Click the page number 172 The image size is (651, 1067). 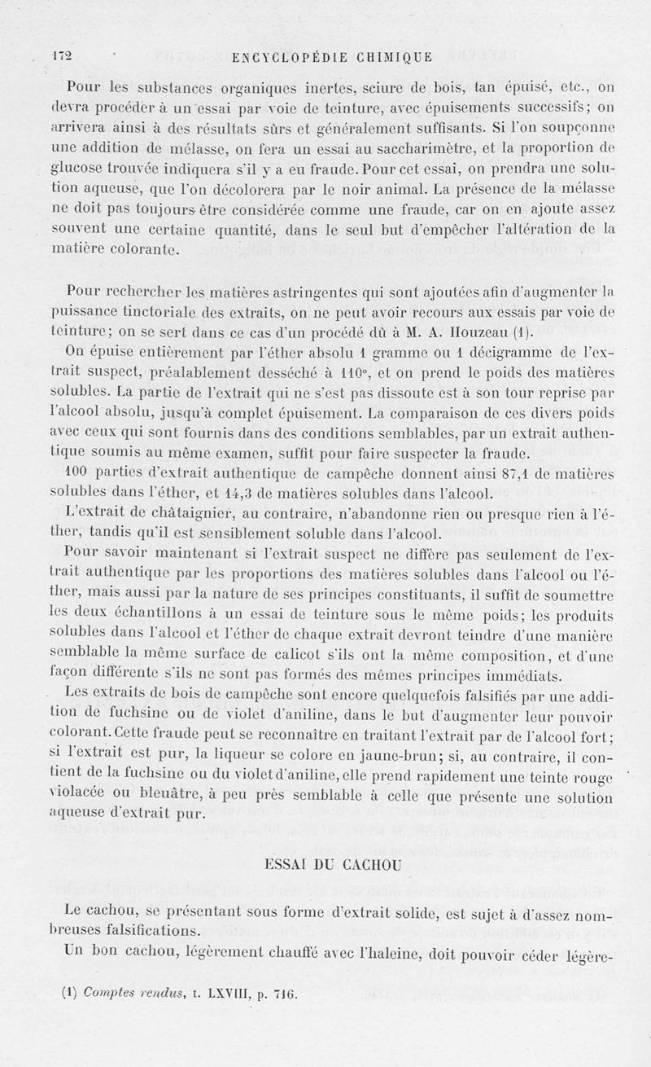pos(62,56)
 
